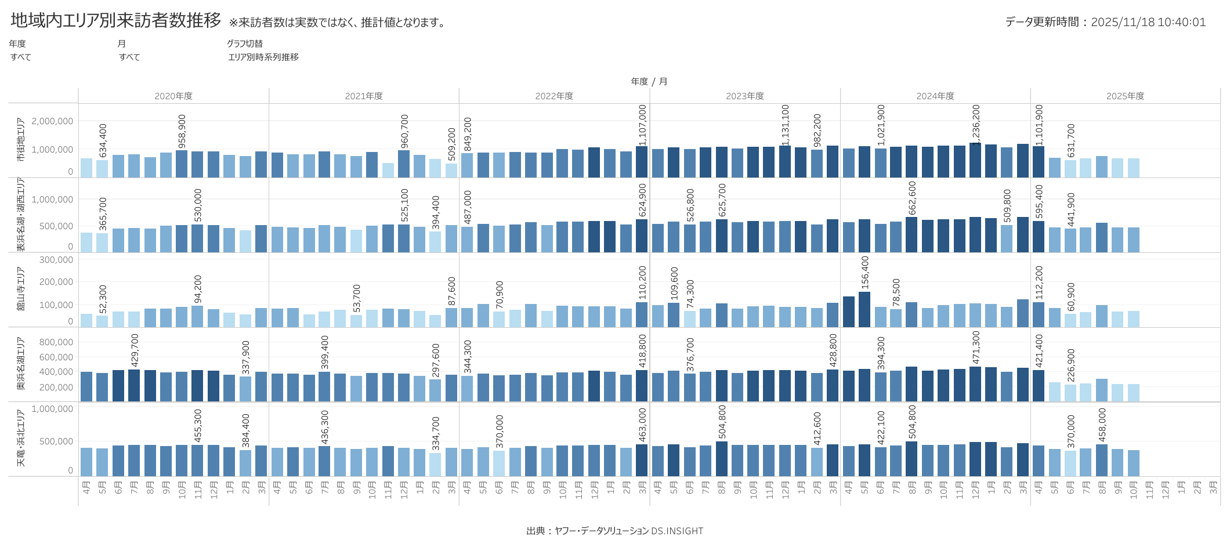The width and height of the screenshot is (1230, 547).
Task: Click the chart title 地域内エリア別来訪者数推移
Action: pyautogui.click(x=116, y=20)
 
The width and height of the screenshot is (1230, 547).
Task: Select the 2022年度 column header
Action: pyautogui.click(x=554, y=96)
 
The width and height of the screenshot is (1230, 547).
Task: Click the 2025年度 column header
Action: pyautogui.click(x=1125, y=96)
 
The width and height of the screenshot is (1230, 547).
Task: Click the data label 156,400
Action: pyautogui.click(x=865, y=273)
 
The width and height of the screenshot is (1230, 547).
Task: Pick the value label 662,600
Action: pyautogui.click(x=912, y=197)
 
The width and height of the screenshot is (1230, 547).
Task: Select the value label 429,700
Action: pyautogui.click(x=135, y=350)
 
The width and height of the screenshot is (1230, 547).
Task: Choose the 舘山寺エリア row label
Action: pyautogui.click(x=21, y=289)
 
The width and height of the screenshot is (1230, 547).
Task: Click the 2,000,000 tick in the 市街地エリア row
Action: pyautogui.click(x=52, y=121)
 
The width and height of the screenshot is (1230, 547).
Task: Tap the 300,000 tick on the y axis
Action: pyautogui.click(x=56, y=260)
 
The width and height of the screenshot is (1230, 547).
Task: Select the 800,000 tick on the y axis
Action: pyautogui.click(x=56, y=342)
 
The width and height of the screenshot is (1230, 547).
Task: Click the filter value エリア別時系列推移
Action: pyautogui.click(x=263, y=57)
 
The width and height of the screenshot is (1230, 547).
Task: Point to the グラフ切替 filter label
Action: pyautogui.click(x=245, y=44)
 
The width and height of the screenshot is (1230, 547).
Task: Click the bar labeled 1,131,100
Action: pyautogui.click(x=785, y=161)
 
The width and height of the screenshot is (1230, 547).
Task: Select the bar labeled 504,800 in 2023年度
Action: pyautogui.click(x=722, y=459)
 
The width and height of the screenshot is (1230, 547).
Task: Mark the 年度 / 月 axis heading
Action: pyautogui.click(x=649, y=82)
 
